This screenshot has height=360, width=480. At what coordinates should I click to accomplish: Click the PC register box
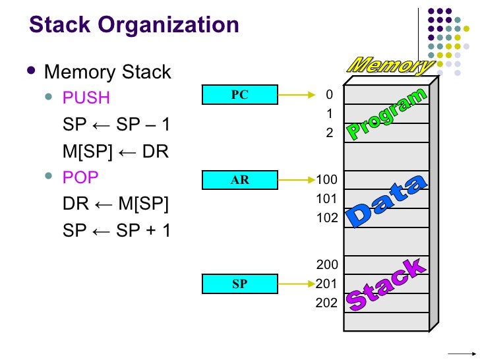click(x=239, y=95)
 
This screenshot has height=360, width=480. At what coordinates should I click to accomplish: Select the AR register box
click(x=239, y=179)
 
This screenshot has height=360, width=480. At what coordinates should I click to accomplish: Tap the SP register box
click(x=239, y=284)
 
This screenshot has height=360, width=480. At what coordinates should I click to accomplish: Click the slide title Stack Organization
click(x=134, y=25)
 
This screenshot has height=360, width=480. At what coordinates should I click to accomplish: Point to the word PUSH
click(x=86, y=98)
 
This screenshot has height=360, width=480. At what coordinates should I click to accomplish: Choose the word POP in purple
click(x=80, y=178)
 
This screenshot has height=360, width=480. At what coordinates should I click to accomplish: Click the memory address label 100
click(x=327, y=179)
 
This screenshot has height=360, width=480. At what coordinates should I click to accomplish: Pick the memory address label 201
click(x=327, y=284)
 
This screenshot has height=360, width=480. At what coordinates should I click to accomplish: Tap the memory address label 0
click(x=330, y=95)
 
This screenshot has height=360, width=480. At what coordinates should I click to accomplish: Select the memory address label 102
click(x=327, y=217)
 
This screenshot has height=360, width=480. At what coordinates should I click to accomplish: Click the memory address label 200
click(x=327, y=265)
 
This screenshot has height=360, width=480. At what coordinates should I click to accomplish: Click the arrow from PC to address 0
click(x=293, y=95)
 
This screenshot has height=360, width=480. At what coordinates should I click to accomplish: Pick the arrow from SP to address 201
click(x=293, y=284)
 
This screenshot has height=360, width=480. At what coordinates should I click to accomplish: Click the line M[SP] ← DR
click(x=115, y=152)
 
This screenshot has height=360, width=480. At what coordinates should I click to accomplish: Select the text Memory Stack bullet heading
click(x=107, y=71)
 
